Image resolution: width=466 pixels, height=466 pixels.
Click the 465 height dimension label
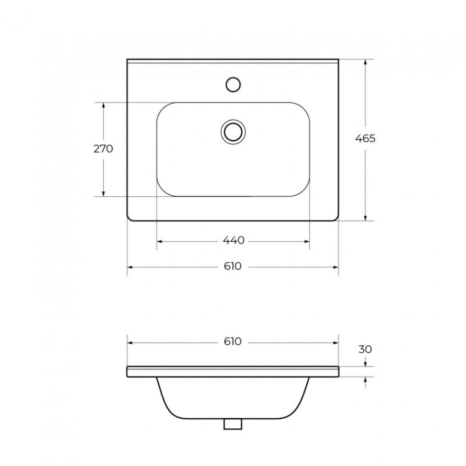tap(365, 139)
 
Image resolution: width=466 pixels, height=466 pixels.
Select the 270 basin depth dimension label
tap(103, 148)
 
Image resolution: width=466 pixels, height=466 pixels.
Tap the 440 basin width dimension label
tap(233, 240)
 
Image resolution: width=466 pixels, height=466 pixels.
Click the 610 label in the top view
tap(233, 267)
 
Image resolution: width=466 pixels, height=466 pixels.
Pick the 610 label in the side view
tap(233, 342)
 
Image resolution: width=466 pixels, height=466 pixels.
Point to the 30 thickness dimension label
tap(365, 349)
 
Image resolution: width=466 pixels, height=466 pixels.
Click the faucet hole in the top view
tap(233, 84)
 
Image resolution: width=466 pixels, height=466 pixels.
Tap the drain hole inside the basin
tap(233, 131)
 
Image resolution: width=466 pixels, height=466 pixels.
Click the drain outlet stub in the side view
tap(233, 424)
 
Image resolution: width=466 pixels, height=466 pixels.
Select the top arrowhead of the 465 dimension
tap(365, 63)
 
